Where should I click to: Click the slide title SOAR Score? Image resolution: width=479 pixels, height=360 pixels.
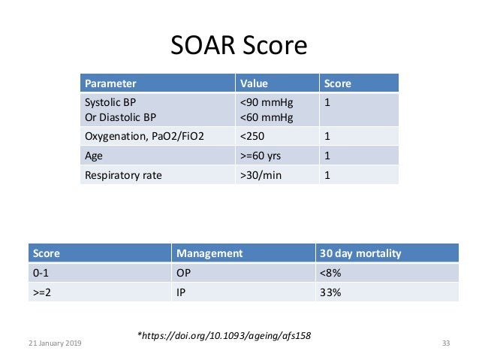click(239, 45)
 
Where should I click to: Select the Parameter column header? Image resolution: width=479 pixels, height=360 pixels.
click(110, 83)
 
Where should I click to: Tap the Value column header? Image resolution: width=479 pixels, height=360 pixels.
click(254, 83)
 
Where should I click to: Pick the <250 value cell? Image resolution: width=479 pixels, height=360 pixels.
click(253, 137)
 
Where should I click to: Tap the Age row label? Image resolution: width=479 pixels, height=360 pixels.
click(94, 156)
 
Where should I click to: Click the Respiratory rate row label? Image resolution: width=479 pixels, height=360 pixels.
click(123, 176)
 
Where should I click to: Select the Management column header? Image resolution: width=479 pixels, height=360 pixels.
click(209, 253)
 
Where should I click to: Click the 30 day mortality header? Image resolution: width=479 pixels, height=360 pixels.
click(360, 253)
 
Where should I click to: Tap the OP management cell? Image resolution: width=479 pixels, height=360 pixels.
click(182, 273)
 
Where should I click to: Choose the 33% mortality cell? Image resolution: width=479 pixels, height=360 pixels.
click(330, 292)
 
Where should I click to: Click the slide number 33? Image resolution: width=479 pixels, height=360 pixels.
click(445, 343)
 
